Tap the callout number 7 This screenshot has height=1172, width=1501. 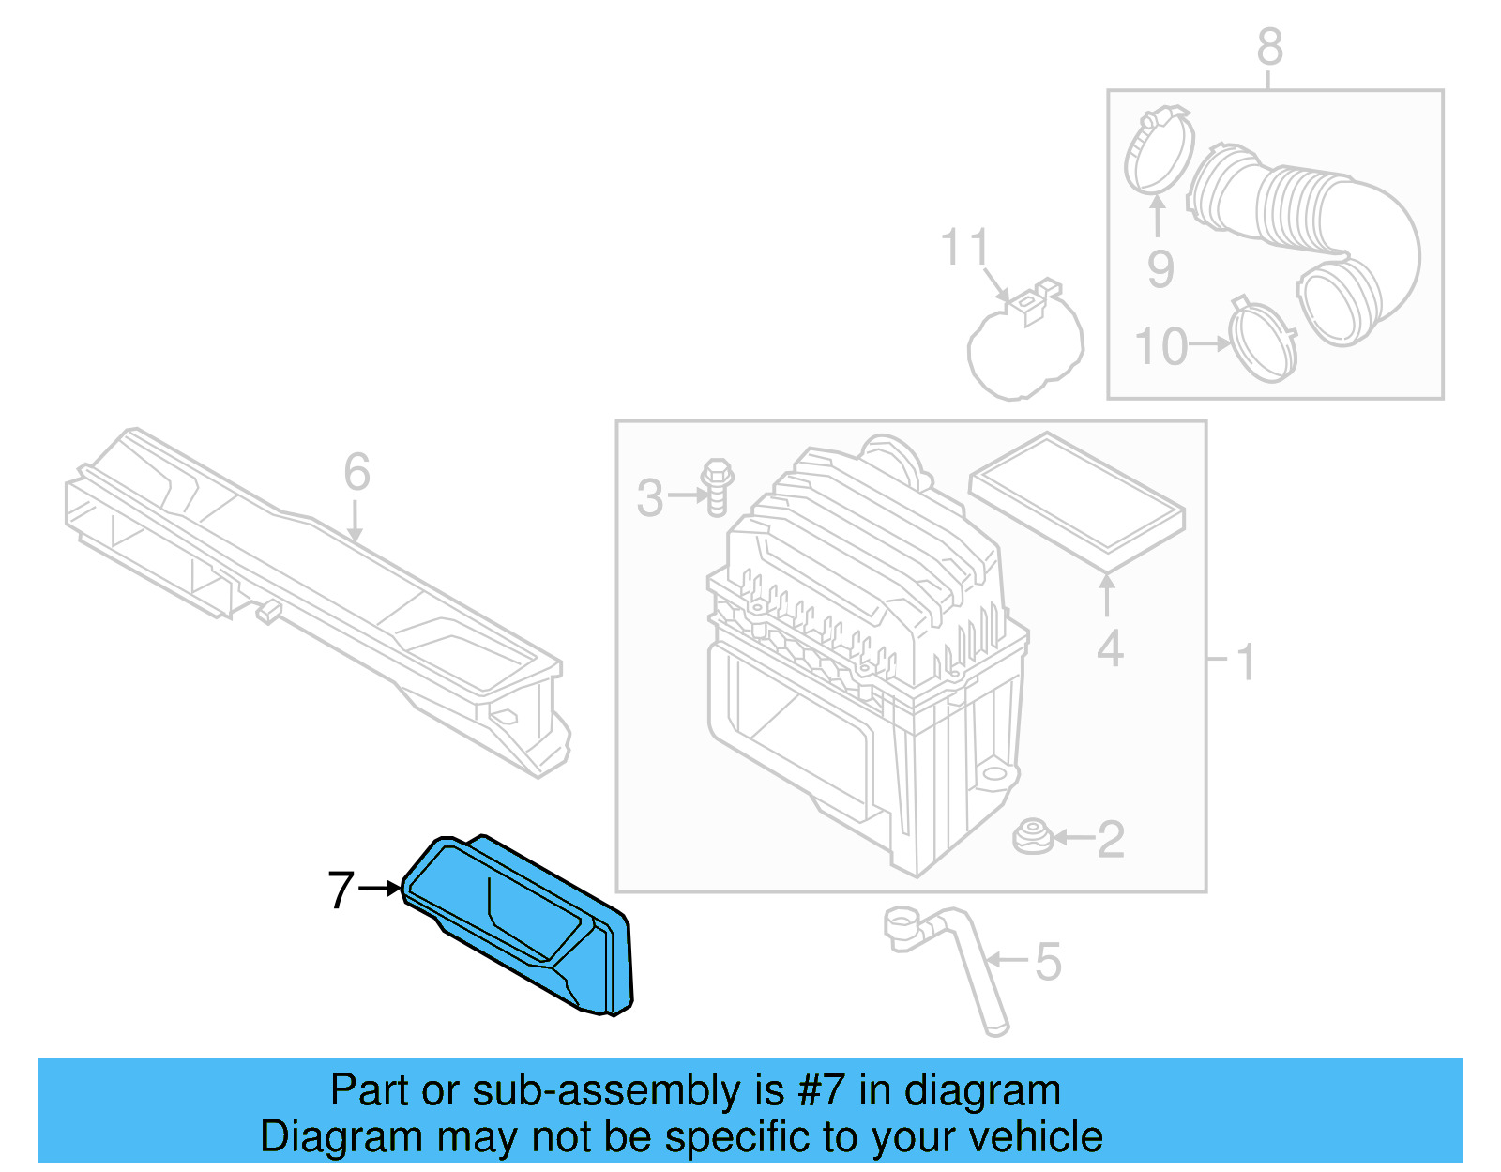point(341,890)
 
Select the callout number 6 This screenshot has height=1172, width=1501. point(356,472)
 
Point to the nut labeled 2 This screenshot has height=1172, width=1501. point(1033,837)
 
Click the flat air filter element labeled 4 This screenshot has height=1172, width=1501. point(1077,500)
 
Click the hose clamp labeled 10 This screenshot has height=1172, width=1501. point(1263,342)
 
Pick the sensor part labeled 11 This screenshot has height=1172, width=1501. point(1024,342)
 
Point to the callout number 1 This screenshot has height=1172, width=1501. point(1246,662)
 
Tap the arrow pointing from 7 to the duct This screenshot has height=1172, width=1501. point(381,888)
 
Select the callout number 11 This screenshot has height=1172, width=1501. point(964,248)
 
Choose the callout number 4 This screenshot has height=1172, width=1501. point(1110,649)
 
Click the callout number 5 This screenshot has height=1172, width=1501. point(1049,962)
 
